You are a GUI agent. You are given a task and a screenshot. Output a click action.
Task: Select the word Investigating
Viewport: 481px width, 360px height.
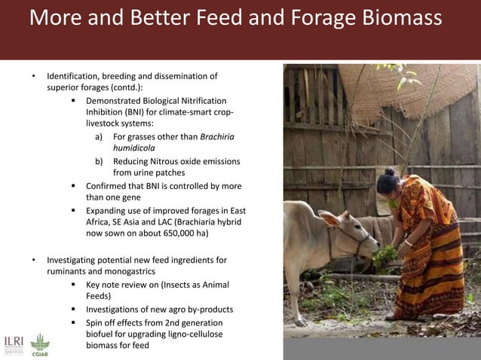click(78, 260)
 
